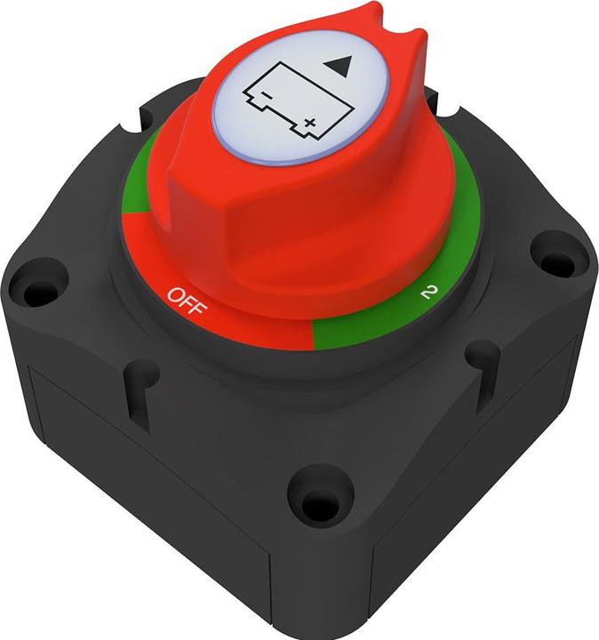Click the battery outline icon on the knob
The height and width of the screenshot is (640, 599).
282,97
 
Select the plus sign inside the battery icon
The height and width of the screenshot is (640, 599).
308,122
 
